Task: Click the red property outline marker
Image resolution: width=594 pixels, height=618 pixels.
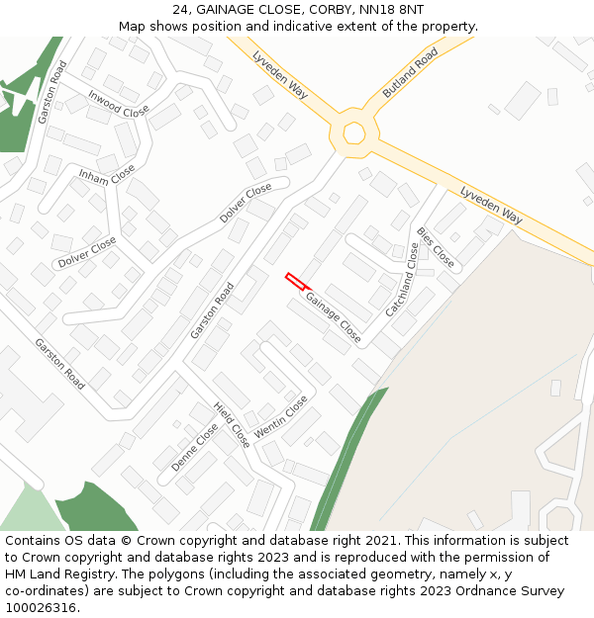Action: click(295, 282)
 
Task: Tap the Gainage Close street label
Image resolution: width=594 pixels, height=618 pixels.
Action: click(333, 316)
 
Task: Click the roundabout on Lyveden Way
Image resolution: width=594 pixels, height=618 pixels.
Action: click(353, 132)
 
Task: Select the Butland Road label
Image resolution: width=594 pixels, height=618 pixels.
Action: click(410, 73)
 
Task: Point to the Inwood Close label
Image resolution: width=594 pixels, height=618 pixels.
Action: click(119, 104)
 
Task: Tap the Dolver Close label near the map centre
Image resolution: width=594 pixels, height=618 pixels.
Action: click(246, 202)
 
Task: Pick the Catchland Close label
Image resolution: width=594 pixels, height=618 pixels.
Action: click(403, 280)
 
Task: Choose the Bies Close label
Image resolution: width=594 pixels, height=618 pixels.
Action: click(436, 247)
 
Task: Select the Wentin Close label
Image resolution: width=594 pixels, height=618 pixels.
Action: click(281, 418)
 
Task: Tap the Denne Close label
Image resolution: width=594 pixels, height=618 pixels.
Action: click(194, 447)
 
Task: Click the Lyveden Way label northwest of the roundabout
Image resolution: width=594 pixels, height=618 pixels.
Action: click(280, 73)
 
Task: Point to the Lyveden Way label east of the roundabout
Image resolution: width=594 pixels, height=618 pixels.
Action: click(491, 202)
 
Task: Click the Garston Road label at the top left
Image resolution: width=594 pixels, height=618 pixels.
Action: click(52, 92)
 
